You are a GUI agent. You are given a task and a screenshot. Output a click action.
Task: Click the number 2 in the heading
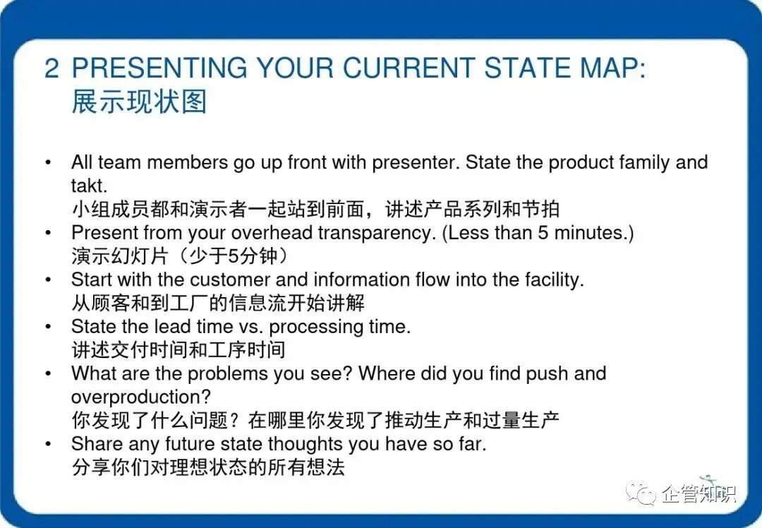[x=52, y=68]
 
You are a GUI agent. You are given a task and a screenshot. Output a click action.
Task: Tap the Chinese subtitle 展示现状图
[x=139, y=102]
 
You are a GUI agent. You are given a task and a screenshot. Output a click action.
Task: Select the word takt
[x=89, y=186]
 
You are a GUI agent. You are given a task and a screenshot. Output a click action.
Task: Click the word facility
[x=555, y=280]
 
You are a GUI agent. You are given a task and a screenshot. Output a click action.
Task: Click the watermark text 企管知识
[x=699, y=494]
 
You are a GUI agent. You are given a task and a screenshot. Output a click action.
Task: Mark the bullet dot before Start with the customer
[x=48, y=280]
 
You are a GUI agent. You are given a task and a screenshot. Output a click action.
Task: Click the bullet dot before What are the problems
[x=48, y=373]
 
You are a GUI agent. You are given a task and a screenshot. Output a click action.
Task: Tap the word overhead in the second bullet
[x=272, y=233]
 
